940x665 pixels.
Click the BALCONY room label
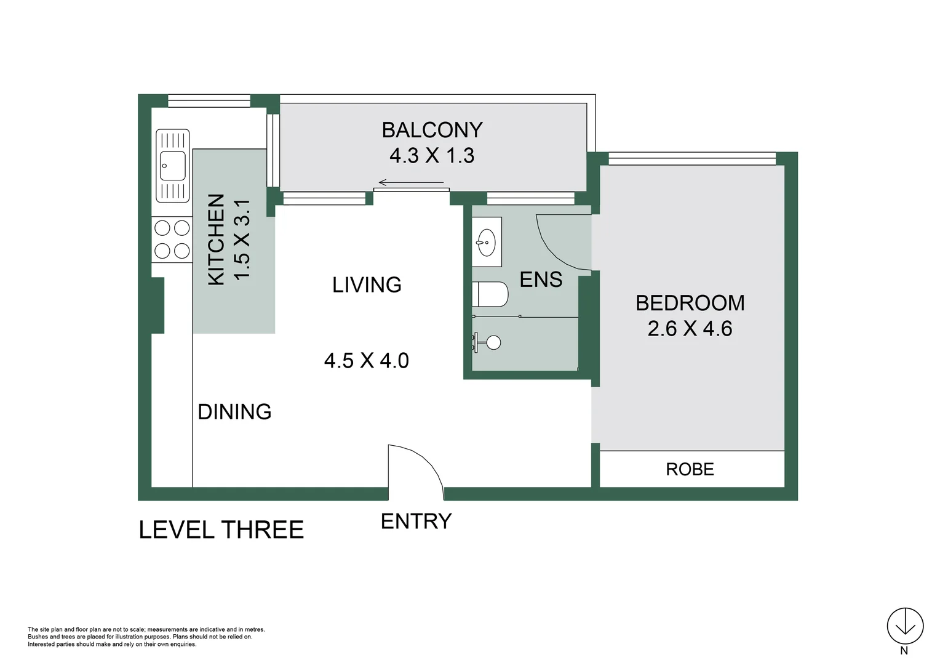pos(432,130)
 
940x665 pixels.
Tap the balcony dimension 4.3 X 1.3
pos(432,156)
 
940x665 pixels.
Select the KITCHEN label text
pos(217,240)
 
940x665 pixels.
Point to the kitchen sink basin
pos(172,166)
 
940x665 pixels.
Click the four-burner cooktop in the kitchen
pos(172,240)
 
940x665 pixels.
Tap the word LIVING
pos(367,285)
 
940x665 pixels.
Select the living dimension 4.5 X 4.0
pos(367,361)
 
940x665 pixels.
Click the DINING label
pos(234,412)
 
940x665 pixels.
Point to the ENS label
pos(541,280)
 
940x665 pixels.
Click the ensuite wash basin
pos(487,242)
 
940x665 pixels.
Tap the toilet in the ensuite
pos(490,294)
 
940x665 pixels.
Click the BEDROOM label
pos(690,304)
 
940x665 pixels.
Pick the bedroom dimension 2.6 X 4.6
pos(690,329)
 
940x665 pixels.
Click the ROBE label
pos(690,469)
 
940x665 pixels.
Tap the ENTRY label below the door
pos(416,522)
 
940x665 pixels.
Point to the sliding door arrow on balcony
pos(411,182)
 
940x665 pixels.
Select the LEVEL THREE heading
pos(221,530)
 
